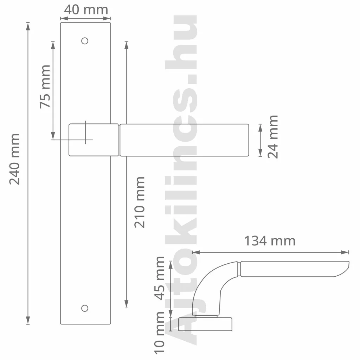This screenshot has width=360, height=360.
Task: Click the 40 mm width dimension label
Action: pos(86,10)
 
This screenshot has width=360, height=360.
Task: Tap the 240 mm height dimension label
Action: pos(14,159)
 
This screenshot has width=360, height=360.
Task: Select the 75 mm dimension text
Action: pos(45,86)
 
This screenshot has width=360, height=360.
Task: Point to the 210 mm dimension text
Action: pos(139,202)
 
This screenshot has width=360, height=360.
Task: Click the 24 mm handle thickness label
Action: pos(273,137)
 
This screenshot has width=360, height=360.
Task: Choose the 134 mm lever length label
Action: pos(270,241)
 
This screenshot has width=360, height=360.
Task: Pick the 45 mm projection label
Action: pos(159,278)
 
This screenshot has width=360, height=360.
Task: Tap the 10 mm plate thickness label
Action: pos(159,333)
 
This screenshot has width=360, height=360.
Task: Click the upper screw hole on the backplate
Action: pos(85,41)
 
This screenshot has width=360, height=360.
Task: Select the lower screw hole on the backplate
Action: pos(85,308)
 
